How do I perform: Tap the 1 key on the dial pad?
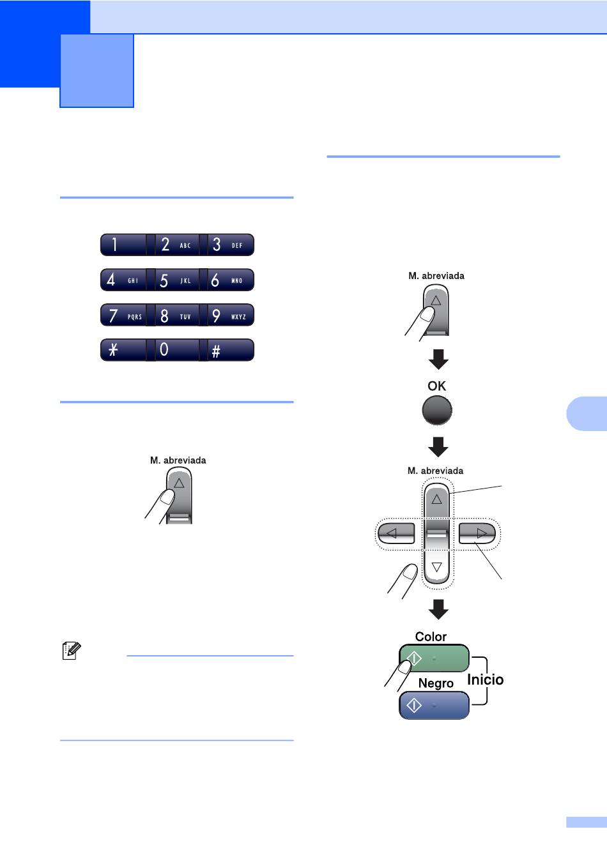pyautogui.click(x=123, y=245)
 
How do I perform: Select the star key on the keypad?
pyautogui.click(x=123, y=350)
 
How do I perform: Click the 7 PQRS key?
pyautogui.click(x=123, y=315)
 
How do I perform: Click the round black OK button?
pyautogui.click(x=436, y=410)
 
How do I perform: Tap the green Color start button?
pyautogui.click(x=434, y=658)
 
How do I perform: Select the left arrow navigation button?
pyautogui.click(x=396, y=533)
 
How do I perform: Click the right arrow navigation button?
pyautogui.click(x=477, y=533)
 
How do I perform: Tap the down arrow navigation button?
pyautogui.click(x=436, y=566)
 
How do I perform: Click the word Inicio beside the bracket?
pyautogui.click(x=486, y=679)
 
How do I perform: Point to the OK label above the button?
pyautogui.click(x=436, y=386)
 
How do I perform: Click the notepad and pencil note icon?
pyautogui.click(x=72, y=650)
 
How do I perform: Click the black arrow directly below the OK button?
pyautogui.click(x=438, y=447)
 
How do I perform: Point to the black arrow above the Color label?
pyautogui.click(x=438, y=609)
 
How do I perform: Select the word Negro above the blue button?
pyautogui.click(x=436, y=683)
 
